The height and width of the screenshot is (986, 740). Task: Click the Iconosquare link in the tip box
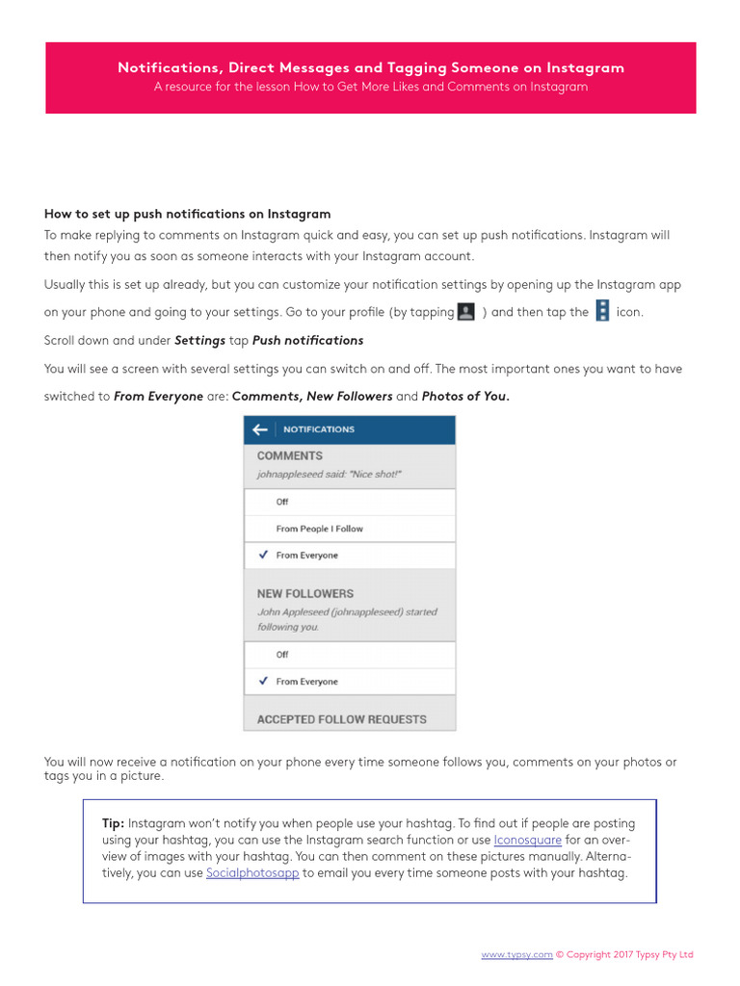pos(527,841)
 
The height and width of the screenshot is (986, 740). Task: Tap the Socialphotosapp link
pos(252,873)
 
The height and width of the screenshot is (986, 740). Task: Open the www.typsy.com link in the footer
pos(516,955)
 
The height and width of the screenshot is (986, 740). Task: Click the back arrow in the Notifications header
pos(259,429)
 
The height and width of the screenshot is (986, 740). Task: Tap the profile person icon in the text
pos(466,312)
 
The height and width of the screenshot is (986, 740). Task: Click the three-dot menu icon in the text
pos(602,311)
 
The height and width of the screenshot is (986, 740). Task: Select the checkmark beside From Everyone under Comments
pos(263,556)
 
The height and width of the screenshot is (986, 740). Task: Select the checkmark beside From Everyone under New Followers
pos(263,682)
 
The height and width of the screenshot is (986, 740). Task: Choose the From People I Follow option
pos(319,529)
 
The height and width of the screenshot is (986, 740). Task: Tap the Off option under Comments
pos(282,502)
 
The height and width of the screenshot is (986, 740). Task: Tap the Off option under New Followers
pos(282,655)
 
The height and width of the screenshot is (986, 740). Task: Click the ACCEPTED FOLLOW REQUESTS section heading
pos(341,719)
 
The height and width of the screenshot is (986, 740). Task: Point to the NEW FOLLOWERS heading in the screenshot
pos(304,594)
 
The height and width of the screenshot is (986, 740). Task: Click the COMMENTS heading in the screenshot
pos(289,456)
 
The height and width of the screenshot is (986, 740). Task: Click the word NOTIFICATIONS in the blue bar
pos(318,429)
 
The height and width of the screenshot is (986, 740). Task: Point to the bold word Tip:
pos(113,824)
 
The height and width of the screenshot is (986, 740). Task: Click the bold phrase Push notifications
pos(307,341)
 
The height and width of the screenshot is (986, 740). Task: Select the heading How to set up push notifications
pos(187,214)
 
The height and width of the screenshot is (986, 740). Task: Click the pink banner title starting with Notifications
pos(371,67)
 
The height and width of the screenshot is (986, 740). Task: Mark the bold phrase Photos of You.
pos(465,397)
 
